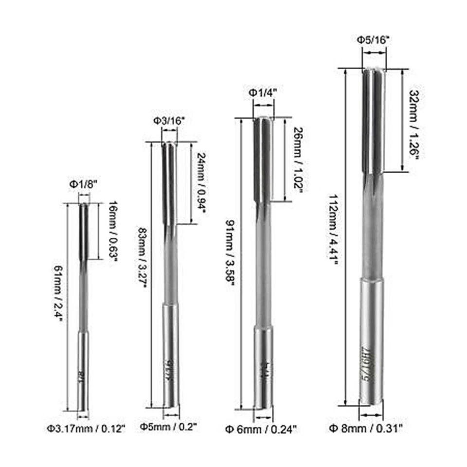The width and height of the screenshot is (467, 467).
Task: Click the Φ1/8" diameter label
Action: pyautogui.click(x=84, y=184)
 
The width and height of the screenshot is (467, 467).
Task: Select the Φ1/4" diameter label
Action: pyautogui.click(x=263, y=92)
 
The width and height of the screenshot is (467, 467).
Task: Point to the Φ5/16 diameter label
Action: pyautogui.click(x=375, y=39)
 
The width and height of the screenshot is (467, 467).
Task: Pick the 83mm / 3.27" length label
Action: pyautogui.click(x=142, y=260)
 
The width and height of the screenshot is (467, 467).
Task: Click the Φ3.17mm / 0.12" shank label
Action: pyautogui.click(x=86, y=429)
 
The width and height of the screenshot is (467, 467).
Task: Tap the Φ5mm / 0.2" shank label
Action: pyautogui.click(x=168, y=427)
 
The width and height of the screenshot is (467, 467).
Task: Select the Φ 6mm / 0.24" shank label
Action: pyautogui.click(x=261, y=429)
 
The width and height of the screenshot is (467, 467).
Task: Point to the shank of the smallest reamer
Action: pyautogui.click(x=84, y=370)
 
